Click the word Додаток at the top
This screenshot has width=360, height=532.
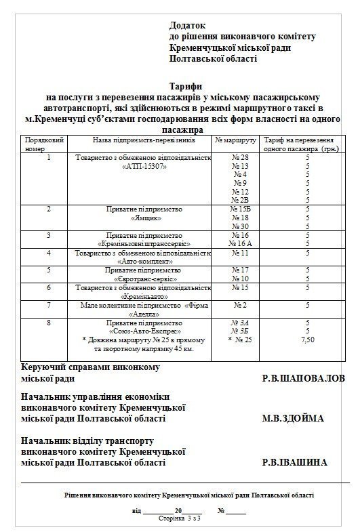tap(189, 24)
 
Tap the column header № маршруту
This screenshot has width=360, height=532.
tap(235, 139)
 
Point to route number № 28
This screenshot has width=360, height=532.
tap(240, 157)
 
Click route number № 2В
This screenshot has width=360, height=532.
tap(240, 200)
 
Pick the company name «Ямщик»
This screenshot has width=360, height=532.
tap(143, 219)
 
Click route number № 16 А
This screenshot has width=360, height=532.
tap(240, 242)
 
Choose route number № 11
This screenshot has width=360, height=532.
tap(240, 252)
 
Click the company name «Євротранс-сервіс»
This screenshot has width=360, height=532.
tap(143, 278)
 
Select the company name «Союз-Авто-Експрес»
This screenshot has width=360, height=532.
tap(143, 331)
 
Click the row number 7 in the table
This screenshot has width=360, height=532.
tap(49, 305)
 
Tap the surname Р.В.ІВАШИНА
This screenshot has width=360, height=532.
tap(294, 462)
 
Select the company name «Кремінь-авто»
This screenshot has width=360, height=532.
tap(143, 296)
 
